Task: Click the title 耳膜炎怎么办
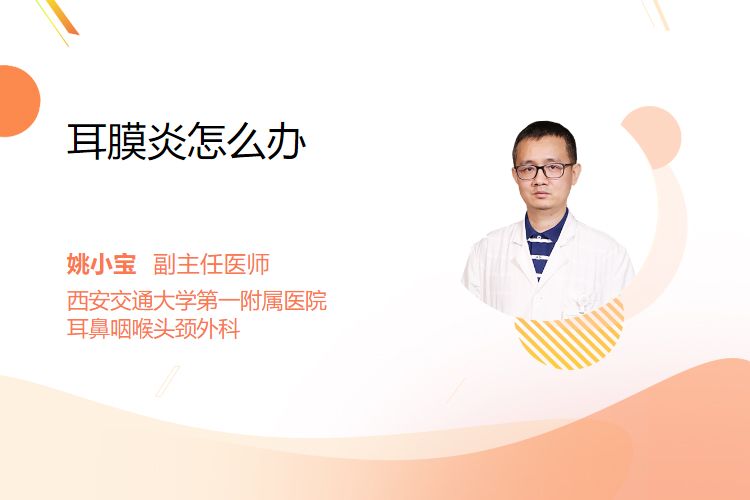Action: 187,141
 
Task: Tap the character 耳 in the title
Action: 87,141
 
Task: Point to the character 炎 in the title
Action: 166,141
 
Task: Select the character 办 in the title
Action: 287,141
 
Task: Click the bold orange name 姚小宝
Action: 101,264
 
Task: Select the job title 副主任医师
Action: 211,264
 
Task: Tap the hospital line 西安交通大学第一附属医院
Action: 197,300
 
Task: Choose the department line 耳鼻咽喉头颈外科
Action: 153,329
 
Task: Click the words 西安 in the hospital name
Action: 88,300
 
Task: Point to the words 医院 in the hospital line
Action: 305,300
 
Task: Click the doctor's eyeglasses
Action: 544,170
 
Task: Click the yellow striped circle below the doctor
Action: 569,337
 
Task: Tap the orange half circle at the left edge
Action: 18,101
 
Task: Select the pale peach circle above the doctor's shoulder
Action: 651,137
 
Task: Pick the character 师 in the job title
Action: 258,264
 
